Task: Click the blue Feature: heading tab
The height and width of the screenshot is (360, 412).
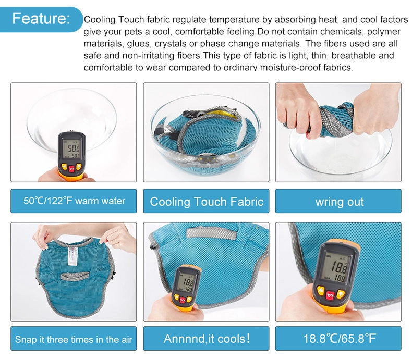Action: tap(41, 19)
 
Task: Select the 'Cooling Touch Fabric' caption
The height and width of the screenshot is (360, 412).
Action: tap(207, 201)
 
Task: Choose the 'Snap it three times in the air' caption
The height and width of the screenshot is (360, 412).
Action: tap(74, 339)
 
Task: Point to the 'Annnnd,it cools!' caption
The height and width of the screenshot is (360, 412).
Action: tap(207, 339)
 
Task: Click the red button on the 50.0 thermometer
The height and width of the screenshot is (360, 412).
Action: tap(71, 168)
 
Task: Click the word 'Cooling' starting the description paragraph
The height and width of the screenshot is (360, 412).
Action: tap(100, 20)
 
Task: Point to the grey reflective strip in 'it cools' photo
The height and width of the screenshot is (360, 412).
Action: tap(210, 233)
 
